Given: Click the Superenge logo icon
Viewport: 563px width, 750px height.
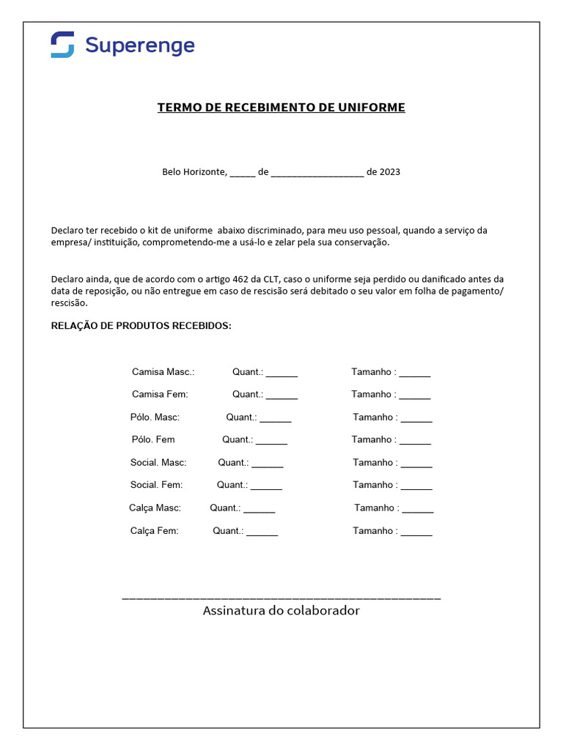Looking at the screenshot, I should [x=62, y=45].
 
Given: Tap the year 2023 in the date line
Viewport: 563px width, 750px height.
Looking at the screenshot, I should [x=390, y=172].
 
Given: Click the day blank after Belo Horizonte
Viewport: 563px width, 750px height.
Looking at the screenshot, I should [x=243, y=174].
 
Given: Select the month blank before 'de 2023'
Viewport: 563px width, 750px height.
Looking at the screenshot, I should [x=317, y=174].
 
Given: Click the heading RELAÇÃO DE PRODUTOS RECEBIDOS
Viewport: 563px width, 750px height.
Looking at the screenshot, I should [x=141, y=325].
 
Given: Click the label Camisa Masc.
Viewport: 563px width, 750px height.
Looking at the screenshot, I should [x=163, y=372].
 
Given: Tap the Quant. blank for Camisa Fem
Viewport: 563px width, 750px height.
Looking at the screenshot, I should [x=281, y=396].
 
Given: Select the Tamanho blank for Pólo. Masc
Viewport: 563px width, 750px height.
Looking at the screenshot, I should [x=416, y=419].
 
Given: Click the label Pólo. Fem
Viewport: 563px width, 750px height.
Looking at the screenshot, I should [x=153, y=439].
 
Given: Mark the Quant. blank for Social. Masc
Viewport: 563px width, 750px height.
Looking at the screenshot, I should [x=267, y=464].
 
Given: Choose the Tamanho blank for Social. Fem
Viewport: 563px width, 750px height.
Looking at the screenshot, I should [x=416, y=486].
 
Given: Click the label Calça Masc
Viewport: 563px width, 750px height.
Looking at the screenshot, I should [x=155, y=508].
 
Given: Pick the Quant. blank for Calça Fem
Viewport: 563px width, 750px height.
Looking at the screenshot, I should [x=262, y=532].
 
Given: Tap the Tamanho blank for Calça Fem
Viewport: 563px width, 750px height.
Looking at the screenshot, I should [x=416, y=532].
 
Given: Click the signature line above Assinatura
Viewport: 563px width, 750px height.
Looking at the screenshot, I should [x=281, y=598].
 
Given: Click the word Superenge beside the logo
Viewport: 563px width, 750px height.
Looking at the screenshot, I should [x=140, y=45].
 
